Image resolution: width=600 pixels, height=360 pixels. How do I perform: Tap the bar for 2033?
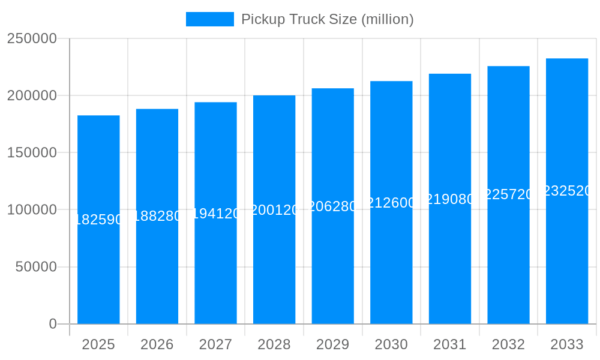point(567,252)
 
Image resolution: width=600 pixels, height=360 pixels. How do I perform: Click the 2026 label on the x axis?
point(157,344)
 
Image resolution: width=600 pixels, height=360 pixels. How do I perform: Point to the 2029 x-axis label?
point(333,344)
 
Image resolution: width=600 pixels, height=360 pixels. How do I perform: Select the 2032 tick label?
point(508,344)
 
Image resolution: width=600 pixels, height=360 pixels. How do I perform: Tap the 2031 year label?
point(450,344)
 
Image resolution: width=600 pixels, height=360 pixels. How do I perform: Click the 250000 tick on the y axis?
point(32,38)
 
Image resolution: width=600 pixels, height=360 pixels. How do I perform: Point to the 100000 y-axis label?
point(32,210)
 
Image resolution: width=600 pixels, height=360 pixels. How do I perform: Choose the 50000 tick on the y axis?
point(36,267)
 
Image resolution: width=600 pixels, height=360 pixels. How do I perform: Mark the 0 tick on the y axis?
point(53,324)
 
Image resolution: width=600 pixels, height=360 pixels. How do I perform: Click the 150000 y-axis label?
point(32,152)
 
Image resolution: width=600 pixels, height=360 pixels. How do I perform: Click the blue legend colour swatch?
point(210,19)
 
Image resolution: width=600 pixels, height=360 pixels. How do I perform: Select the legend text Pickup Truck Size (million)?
point(328,19)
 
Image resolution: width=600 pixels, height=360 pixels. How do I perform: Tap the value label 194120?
point(215,214)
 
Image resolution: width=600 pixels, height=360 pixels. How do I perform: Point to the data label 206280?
point(333,206)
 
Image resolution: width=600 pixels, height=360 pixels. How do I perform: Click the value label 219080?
point(450,199)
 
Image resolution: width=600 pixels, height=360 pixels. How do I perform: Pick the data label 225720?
point(508,194)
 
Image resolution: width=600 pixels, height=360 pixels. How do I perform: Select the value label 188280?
point(157,216)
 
